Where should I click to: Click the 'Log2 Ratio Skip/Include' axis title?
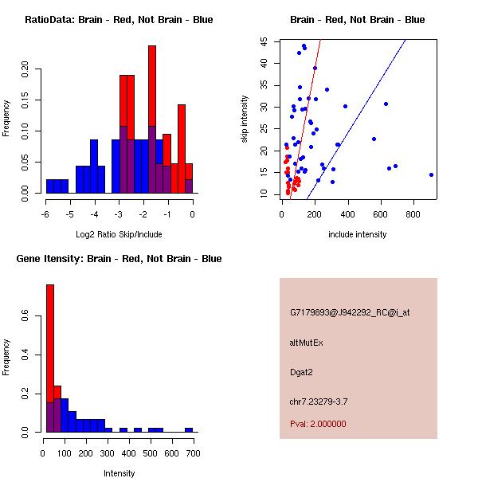tap(119, 234)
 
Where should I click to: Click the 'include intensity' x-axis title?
tap(358, 234)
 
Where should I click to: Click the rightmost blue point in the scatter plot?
tap(431, 174)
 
